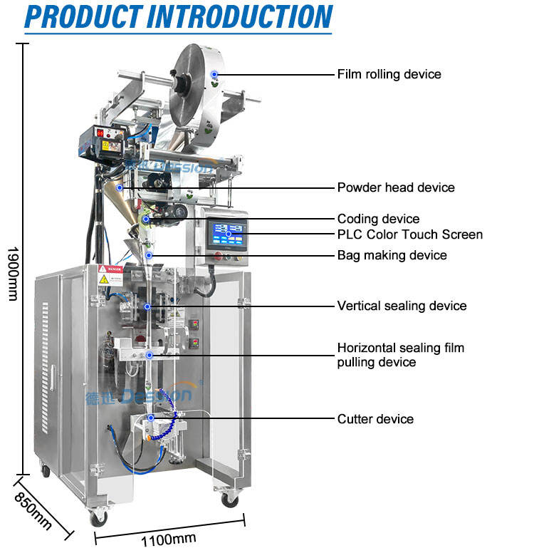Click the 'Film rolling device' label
[389, 74]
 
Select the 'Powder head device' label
[396, 187]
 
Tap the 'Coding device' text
[379, 219]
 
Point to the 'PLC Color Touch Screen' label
[410, 234]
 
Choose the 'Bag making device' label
[392, 255]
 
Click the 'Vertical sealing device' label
[402, 306]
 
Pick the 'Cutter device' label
[375, 419]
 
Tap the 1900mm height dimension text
[13, 274]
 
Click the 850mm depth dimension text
[33, 511]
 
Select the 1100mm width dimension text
[169, 539]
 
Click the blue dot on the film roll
[214, 74]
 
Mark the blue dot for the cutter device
[151, 418]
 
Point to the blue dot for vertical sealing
[147, 307]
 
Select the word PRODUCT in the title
[83, 16]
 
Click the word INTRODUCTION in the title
[240, 16]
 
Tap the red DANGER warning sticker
[110, 269]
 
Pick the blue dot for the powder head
[120, 188]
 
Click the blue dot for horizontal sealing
[150, 355]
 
